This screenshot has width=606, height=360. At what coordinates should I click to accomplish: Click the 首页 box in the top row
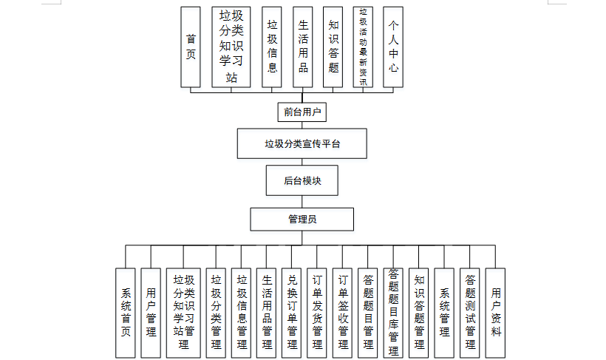[x=191, y=46]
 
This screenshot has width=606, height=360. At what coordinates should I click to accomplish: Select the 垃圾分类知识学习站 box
[x=231, y=46]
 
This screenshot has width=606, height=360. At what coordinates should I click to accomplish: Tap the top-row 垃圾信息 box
[x=272, y=46]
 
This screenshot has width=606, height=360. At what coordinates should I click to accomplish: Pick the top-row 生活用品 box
[x=303, y=46]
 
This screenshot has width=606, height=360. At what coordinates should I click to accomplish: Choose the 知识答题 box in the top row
[x=333, y=46]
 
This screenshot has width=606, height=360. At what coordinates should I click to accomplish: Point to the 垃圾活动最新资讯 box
[x=363, y=46]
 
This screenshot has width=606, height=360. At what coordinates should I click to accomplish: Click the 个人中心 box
[x=394, y=46]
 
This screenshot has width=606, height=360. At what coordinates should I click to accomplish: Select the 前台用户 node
[x=303, y=112]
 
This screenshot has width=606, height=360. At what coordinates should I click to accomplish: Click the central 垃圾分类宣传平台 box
[x=302, y=143]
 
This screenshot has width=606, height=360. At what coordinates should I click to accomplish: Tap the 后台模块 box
[x=302, y=180]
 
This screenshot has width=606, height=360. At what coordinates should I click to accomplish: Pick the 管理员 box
[x=302, y=219]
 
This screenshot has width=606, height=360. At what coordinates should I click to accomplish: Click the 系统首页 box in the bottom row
[x=125, y=313]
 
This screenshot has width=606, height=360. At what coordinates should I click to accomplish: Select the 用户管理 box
[x=151, y=313]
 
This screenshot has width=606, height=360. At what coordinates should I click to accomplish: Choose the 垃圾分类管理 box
[x=217, y=313]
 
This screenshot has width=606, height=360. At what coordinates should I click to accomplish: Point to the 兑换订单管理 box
[x=292, y=313]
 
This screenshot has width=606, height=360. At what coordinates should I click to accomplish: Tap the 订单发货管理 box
[x=317, y=313]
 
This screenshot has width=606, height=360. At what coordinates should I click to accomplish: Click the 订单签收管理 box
[x=342, y=313]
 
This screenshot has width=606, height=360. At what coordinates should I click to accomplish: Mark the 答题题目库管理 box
[x=393, y=313]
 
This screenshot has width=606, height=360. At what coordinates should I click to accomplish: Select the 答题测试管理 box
[x=470, y=313]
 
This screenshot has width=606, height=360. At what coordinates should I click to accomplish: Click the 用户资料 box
[x=496, y=313]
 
